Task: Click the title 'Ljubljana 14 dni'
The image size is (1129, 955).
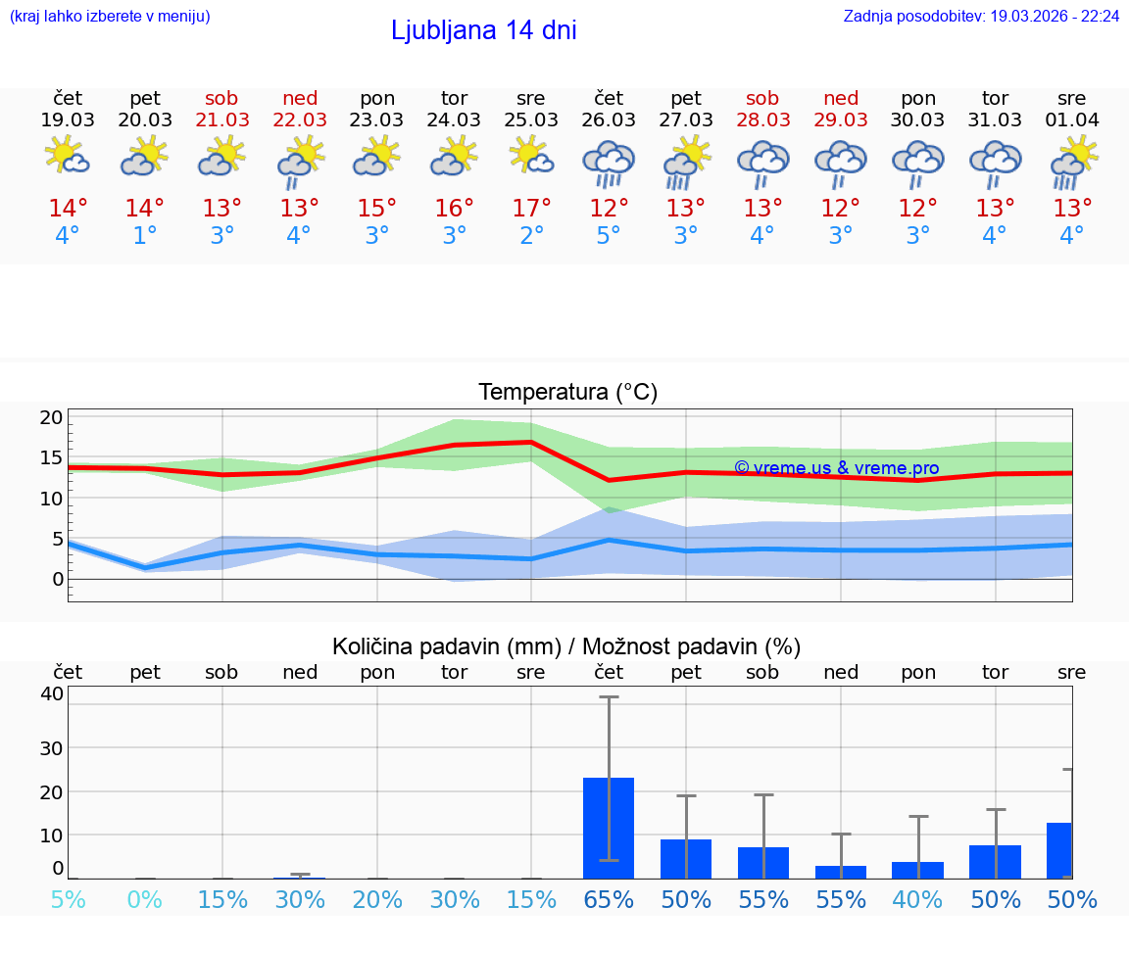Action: (x=483, y=30)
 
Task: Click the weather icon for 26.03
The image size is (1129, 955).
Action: (x=609, y=163)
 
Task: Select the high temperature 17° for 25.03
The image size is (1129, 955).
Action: (x=531, y=209)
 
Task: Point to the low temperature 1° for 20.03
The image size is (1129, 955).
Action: (x=145, y=236)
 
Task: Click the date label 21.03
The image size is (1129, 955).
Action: (x=222, y=120)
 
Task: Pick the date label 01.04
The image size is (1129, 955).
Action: (x=1072, y=120)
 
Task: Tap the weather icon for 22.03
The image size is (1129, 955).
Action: (x=300, y=163)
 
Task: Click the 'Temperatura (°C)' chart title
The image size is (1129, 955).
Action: (x=567, y=393)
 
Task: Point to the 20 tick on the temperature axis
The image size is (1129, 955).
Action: (x=52, y=417)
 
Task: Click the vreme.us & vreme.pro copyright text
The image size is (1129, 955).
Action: (x=836, y=468)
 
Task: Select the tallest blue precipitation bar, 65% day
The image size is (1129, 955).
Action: (x=609, y=828)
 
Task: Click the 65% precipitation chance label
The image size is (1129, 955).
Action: (x=609, y=899)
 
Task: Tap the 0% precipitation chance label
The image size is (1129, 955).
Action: (x=145, y=899)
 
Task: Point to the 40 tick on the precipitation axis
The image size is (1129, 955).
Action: (x=52, y=693)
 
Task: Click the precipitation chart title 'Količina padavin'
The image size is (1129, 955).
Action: (x=566, y=646)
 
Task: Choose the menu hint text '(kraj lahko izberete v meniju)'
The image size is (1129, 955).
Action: (x=109, y=16)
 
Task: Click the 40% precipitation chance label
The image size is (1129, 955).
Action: (x=917, y=899)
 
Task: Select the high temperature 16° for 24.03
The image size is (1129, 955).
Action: (x=454, y=209)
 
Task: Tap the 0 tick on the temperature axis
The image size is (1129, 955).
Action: (x=57, y=579)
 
